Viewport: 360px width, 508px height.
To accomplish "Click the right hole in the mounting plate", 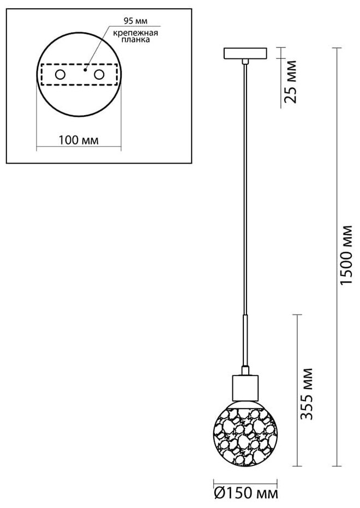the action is tap(99, 74).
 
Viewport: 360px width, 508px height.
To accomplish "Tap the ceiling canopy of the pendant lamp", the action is tap(246, 54).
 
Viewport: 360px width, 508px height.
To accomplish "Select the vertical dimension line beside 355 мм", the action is tap(296, 390).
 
